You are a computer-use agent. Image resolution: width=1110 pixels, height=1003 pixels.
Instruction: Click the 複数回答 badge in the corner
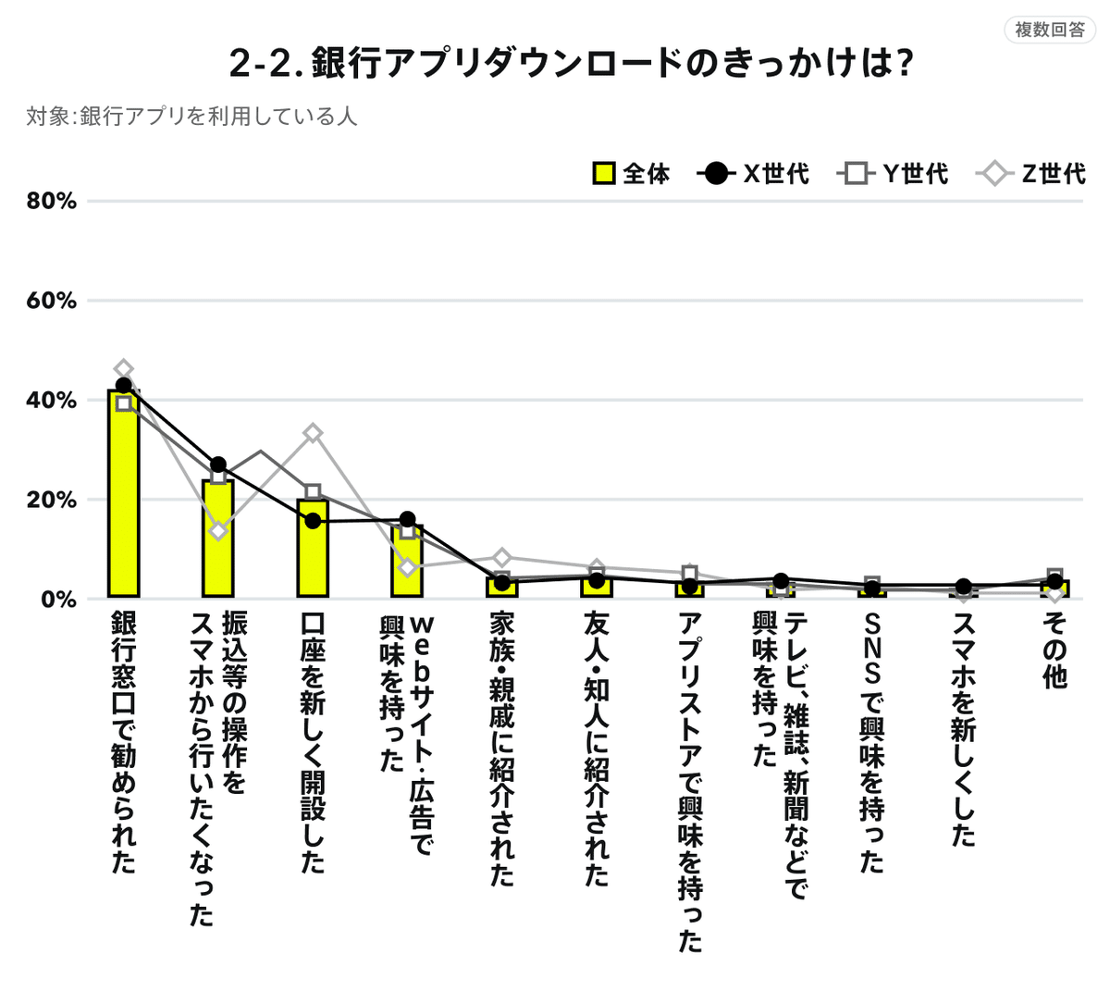tap(1049, 30)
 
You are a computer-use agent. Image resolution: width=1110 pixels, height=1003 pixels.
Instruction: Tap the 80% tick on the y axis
tap(52, 201)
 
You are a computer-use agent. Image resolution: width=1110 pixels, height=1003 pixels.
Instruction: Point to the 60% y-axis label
tap(52, 301)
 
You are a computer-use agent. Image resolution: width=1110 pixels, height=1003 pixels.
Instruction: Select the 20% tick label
tap(52, 500)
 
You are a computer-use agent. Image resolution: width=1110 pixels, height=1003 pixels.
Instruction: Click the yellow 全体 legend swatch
tap(604, 174)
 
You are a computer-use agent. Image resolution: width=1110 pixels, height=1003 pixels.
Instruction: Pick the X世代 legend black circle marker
tap(716, 174)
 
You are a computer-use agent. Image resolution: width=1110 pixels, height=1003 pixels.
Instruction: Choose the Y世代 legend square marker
tap(856, 174)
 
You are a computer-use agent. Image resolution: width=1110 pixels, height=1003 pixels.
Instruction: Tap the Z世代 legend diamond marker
tap(994, 174)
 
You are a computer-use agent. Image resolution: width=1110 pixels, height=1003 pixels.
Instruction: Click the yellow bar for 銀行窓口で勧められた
tap(124, 494)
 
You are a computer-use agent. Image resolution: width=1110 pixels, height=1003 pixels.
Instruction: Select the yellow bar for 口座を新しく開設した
tap(313, 548)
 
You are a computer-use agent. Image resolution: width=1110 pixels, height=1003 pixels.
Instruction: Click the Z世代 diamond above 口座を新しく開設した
tap(313, 433)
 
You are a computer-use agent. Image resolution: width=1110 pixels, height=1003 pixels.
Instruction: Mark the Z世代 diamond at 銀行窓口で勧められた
tap(124, 368)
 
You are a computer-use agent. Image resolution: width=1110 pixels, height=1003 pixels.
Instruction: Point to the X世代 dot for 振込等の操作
tap(218, 464)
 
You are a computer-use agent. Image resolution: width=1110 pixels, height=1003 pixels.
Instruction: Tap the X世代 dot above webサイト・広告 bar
tap(407, 519)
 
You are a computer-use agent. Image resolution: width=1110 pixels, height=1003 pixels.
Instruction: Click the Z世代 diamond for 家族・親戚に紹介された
tap(502, 557)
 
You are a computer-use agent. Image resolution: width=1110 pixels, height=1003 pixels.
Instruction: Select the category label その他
tap(1054, 650)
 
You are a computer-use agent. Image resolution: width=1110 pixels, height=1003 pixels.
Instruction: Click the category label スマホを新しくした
tap(963, 730)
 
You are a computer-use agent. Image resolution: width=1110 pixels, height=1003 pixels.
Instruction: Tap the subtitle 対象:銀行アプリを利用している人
tap(191, 116)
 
